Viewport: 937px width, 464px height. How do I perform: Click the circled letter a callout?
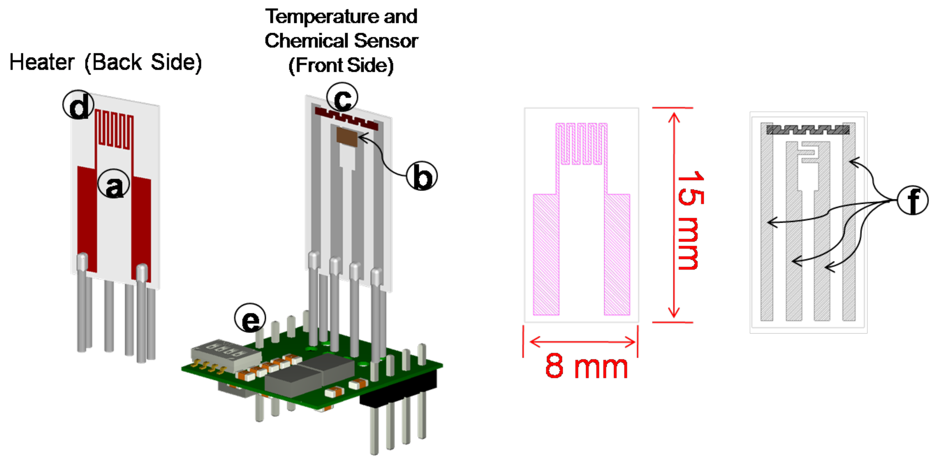[x=113, y=184]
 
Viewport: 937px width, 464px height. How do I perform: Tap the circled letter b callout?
[x=422, y=176]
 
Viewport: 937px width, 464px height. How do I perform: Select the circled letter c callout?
[x=342, y=98]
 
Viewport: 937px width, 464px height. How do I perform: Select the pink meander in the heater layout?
[x=581, y=144]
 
